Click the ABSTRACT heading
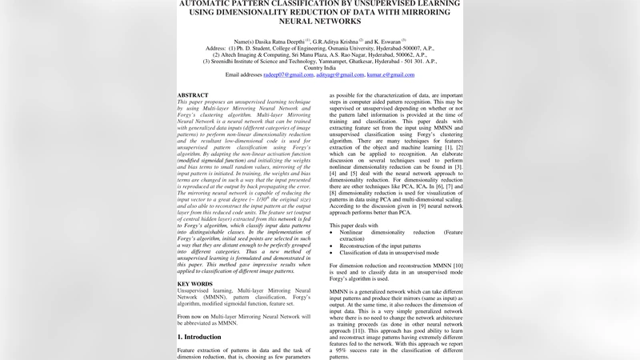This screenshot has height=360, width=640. coord(193,95)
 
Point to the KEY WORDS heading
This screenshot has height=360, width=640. coord(194,284)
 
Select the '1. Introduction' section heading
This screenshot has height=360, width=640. coord(200,337)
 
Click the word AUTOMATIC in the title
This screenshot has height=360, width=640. coord(210,3)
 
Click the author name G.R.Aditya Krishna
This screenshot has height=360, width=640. coord(335,40)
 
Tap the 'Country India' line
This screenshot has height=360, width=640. coord(320,67)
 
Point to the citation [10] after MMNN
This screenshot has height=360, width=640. coord(458,264)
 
